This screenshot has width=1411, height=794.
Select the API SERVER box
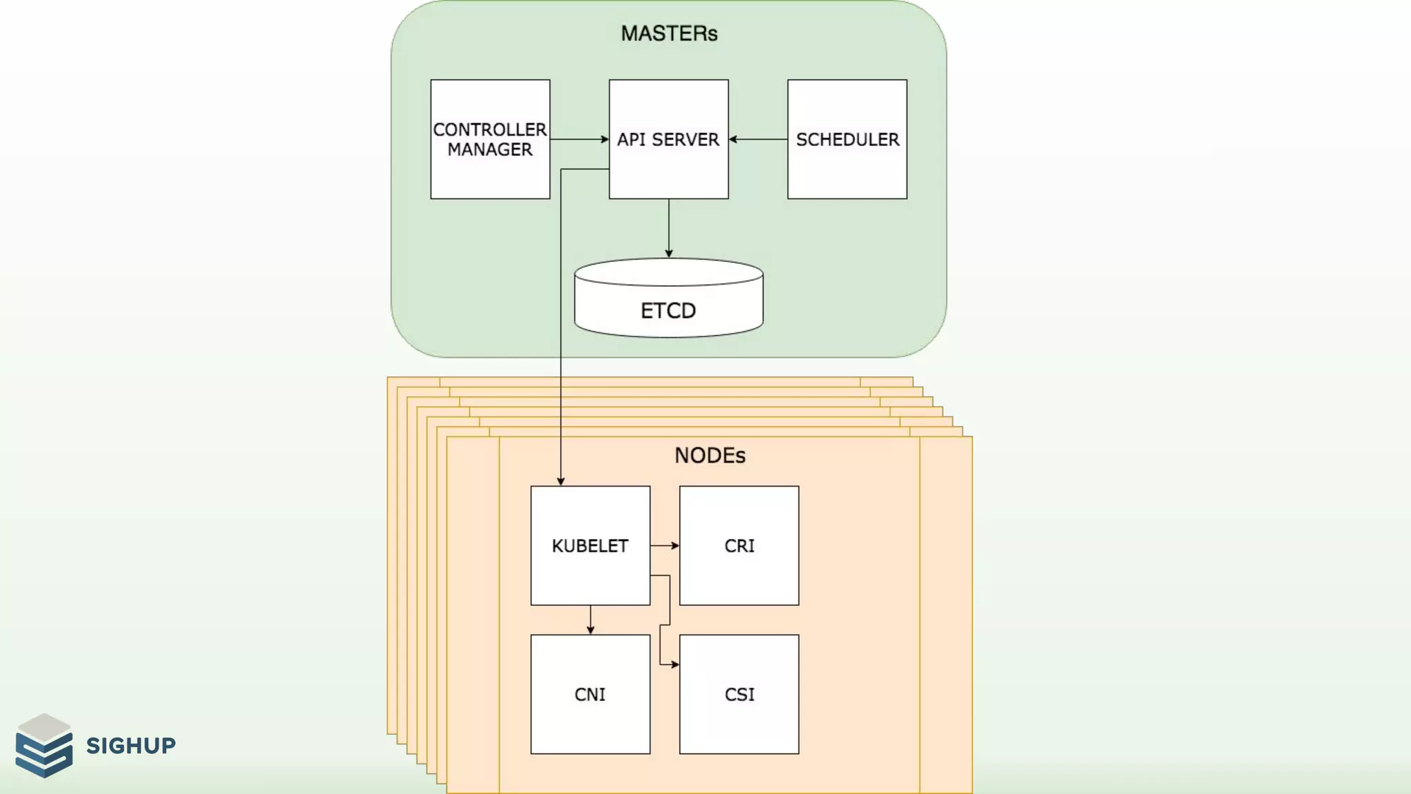(668, 139)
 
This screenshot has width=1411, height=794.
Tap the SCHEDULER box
(847, 139)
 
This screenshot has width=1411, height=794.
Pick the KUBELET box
(590, 545)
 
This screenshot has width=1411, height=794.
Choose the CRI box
(739, 545)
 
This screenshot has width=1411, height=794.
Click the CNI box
(590, 694)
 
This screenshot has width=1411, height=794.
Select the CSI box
(739, 694)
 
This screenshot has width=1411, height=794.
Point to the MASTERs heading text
(669, 33)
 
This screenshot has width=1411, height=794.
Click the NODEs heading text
(710, 456)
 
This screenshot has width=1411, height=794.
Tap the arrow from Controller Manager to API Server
(579, 139)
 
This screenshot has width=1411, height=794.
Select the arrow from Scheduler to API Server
(758, 139)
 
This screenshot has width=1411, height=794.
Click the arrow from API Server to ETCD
(668, 228)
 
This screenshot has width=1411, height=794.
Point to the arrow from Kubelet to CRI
(664, 545)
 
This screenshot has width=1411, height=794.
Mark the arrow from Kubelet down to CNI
(590, 620)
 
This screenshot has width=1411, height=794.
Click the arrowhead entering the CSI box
(674, 664)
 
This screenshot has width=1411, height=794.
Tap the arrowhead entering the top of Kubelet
(561, 481)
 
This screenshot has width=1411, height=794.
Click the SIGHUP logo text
(131, 745)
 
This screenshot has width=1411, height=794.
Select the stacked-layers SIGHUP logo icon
(44, 745)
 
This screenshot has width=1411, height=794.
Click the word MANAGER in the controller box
(490, 150)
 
